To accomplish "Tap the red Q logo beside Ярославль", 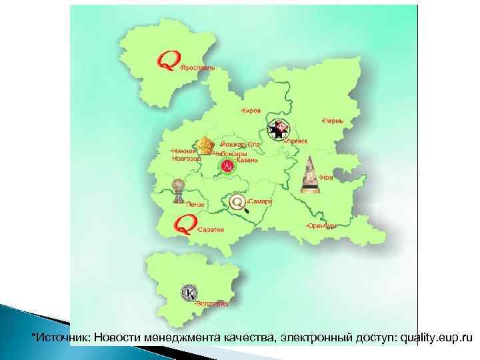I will click(167, 61).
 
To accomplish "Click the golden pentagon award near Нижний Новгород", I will click(204, 145).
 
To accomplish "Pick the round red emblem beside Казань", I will click(227, 165).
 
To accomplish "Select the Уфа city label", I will click(325, 177).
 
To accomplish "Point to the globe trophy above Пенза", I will click(177, 190).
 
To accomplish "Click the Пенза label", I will click(195, 204).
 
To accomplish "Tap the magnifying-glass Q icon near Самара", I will click(237, 202).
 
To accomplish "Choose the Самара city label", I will click(259, 201).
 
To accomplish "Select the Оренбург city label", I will click(321, 226).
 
